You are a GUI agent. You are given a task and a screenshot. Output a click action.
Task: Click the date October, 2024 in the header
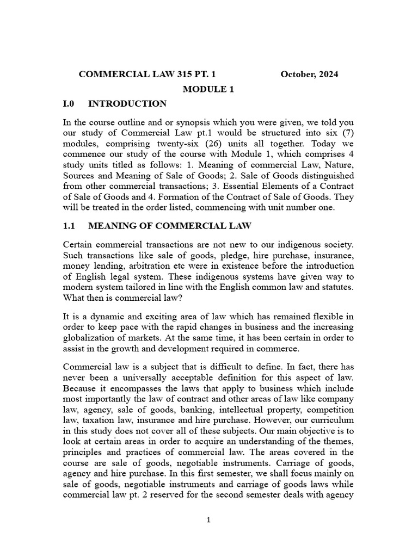point(309,75)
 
